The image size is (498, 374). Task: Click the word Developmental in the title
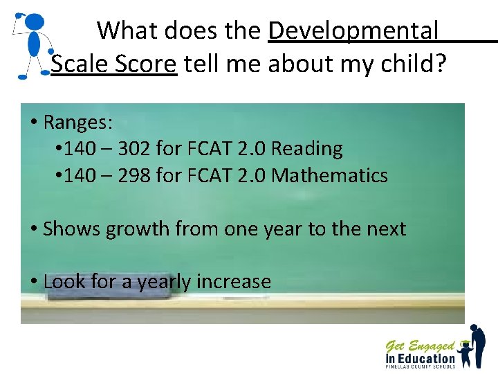(x=353, y=30)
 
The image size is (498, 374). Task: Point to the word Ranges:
(x=77, y=123)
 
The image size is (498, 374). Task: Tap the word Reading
(x=307, y=149)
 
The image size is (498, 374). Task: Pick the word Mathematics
(x=330, y=176)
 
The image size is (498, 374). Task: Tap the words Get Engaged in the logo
(x=419, y=345)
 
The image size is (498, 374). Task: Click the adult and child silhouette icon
(x=473, y=346)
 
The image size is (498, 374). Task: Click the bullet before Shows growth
(x=33, y=229)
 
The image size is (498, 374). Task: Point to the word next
(x=382, y=229)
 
